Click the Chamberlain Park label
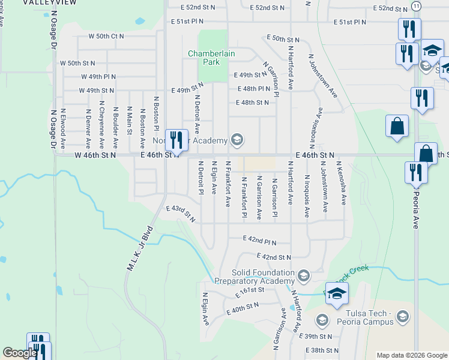[x=211, y=58]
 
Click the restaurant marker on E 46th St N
[x=176, y=140]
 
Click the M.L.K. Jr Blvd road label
[x=139, y=249]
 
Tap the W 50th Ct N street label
[x=106, y=36]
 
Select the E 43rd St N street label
[x=181, y=212]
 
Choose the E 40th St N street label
[x=243, y=308]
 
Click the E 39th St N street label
[x=322, y=337]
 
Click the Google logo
[x=20, y=353]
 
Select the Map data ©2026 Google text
[x=411, y=355]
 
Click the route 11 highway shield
[x=416, y=5]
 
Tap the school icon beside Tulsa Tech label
[x=402, y=316]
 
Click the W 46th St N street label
[x=95, y=155]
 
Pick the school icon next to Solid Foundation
[x=304, y=275]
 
